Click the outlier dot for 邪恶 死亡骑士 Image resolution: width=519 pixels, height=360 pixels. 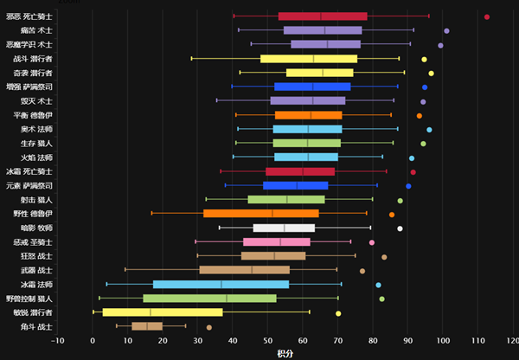[487, 16]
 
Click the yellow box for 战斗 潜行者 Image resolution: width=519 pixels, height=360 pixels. [309, 59]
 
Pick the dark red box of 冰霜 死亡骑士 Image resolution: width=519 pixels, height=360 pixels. [300, 171]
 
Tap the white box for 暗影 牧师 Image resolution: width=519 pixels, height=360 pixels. [284, 228]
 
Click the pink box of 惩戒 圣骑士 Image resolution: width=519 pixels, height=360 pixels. [276, 241]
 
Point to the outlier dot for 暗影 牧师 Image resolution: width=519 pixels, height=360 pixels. [400, 228]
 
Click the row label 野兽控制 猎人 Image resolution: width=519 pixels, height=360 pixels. [29, 298]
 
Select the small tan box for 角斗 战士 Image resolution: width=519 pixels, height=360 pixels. [147, 326]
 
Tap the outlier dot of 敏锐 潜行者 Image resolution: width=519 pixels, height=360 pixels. [338, 312]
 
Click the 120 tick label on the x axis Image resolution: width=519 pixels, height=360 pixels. [512, 340]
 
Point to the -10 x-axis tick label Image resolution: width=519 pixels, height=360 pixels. [57, 340]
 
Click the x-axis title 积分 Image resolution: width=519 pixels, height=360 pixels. [285, 353]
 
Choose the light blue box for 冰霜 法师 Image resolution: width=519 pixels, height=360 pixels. [221, 284]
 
